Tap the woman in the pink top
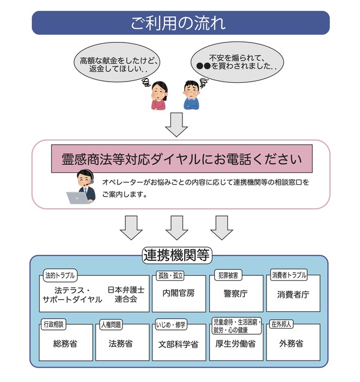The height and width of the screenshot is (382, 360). tap(158, 95)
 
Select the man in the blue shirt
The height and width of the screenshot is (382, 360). tap(192, 95)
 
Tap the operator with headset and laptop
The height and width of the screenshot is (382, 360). tap(80, 188)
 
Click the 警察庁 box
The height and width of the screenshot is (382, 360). tap(235, 294)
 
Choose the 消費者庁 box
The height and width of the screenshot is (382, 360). tap(293, 294)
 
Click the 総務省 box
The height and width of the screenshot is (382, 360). tap(65, 344)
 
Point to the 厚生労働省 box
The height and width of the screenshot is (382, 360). tap(236, 344)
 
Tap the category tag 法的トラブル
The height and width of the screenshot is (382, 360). tap(60, 276)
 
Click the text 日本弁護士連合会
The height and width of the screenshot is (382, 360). tap(127, 294)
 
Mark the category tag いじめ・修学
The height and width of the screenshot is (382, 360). tap(171, 325)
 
